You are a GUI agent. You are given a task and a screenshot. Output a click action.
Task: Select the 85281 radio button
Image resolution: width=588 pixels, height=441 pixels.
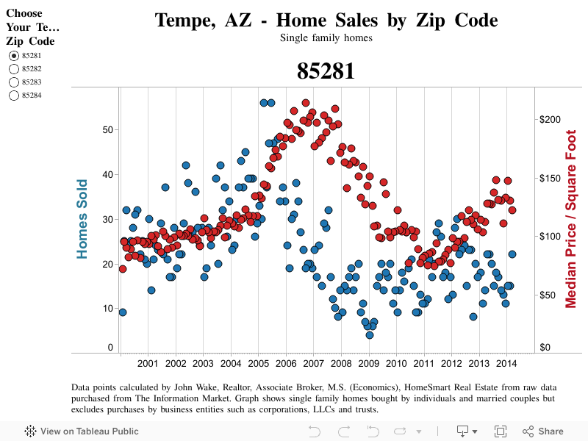click(13, 55)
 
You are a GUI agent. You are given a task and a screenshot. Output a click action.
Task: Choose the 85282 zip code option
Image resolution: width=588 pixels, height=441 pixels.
click(13, 68)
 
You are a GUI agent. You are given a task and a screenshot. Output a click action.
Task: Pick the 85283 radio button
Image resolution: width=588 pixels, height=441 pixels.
click(13, 82)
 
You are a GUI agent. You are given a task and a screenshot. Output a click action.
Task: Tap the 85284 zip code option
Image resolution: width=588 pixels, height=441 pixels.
click(13, 95)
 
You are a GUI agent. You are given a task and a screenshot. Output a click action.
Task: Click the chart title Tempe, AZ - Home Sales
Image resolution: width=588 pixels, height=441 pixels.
click(326, 20)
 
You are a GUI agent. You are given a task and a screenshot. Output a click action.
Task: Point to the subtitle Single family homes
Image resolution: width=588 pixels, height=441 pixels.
click(326, 37)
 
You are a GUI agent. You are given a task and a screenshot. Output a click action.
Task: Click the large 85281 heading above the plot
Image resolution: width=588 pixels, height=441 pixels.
click(326, 71)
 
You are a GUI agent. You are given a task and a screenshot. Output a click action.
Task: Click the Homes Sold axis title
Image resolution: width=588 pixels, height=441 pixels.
click(82, 219)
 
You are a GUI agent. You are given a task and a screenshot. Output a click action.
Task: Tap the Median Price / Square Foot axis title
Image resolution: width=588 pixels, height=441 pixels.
click(570, 219)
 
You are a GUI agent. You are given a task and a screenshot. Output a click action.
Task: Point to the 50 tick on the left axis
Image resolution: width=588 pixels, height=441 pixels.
click(108, 130)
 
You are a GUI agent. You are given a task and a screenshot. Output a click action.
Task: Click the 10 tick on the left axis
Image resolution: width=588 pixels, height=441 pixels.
click(108, 309)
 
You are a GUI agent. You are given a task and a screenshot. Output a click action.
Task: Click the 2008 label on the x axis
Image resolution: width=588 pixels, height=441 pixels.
click(341, 363)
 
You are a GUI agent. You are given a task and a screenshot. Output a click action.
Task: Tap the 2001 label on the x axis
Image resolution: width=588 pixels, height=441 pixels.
click(148, 363)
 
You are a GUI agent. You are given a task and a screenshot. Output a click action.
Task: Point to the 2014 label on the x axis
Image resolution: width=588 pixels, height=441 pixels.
click(506, 363)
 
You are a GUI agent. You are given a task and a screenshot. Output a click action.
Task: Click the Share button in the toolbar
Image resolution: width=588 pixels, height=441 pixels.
click(543, 431)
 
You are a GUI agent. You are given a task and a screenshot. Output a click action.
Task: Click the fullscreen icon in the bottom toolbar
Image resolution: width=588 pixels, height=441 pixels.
click(501, 431)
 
